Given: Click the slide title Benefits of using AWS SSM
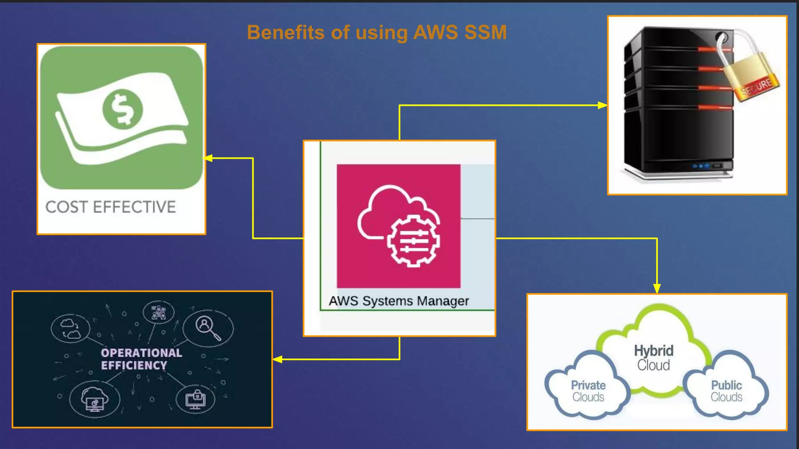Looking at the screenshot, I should click(x=376, y=32).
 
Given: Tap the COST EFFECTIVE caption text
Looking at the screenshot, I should click(x=111, y=207).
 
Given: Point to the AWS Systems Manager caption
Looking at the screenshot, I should click(x=398, y=301).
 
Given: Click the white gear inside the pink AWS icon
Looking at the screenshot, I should click(x=414, y=240).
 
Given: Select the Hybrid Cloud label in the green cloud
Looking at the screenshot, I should click(x=653, y=357).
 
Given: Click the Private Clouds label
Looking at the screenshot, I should click(x=588, y=391).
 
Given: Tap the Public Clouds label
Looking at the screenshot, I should click(x=726, y=391).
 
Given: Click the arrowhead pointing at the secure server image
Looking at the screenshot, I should click(x=602, y=105).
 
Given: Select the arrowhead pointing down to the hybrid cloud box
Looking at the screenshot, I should click(x=657, y=288).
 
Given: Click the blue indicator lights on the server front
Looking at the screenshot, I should click(x=701, y=166).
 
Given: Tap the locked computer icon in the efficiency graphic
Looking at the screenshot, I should click(x=195, y=399).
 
